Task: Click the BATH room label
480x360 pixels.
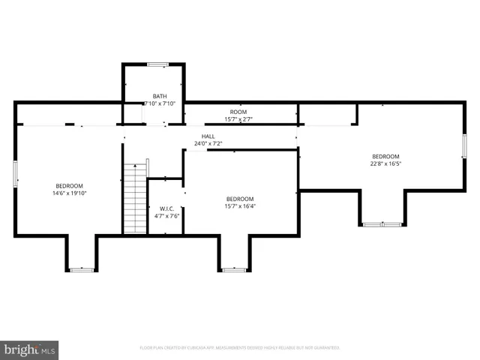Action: (x=160, y=96)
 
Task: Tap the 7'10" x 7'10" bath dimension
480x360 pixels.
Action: (x=160, y=103)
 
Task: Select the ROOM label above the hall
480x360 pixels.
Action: (x=238, y=112)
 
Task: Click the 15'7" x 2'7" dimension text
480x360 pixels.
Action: (x=238, y=119)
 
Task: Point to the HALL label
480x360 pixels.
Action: (x=208, y=136)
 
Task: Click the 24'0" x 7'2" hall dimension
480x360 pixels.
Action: (x=208, y=144)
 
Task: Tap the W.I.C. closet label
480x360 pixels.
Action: (x=166, y=208)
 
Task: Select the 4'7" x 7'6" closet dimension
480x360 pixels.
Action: (x=166, y=216)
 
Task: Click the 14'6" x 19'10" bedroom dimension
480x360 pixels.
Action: (x=69, y=193)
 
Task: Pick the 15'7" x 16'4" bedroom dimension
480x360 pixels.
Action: (x=241, y=206)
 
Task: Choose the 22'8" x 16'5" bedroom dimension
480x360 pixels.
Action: (x=386, y=164)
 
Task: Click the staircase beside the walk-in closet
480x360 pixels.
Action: (x=134, y=199)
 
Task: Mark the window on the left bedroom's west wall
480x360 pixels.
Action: (x=15, y=175)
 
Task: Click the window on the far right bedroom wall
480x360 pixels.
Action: (x=464, y=145)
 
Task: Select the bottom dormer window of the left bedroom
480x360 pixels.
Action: (x=81, y=269)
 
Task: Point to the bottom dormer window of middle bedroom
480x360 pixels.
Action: (x=234, y=269)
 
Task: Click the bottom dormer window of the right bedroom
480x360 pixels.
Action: (x=382, y=223)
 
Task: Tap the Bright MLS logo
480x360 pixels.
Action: (x=29, y=349)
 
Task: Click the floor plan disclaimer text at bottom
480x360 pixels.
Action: (x=240, y=348)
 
